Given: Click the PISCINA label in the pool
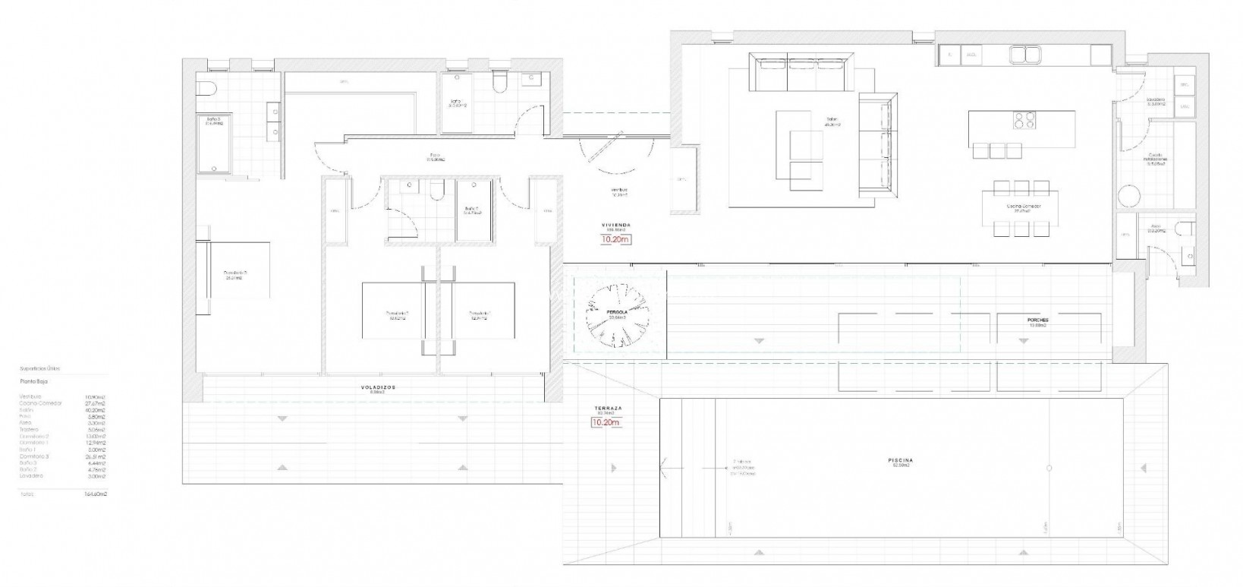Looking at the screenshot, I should coord(900,460).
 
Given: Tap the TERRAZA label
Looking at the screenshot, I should coord(609,409).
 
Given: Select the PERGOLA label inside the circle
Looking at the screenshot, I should coord(616,312).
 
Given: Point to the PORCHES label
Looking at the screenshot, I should coord(1037,320).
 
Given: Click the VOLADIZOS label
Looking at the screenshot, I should coord(377,387).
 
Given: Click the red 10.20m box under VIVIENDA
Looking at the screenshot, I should coord(615,239).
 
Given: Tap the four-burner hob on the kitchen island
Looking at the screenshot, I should coord(1021,120).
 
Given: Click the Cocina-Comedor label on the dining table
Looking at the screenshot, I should coord(1024,206).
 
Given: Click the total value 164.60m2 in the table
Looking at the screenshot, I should coord(96,494).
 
